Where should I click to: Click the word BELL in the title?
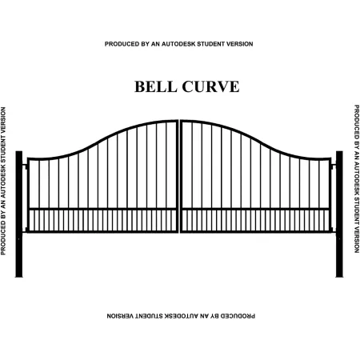point(156,86)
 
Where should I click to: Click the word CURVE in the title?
point(210,86)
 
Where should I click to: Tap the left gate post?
point(19,214)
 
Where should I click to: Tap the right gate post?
point(339,214)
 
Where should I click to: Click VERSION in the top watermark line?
point(239,44)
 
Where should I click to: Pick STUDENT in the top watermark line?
point(210,44)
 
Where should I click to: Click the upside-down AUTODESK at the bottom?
point(182,316)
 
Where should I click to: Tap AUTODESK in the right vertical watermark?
point(357,178)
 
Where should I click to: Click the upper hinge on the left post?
point(25,166)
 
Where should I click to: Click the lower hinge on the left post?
point(25,230)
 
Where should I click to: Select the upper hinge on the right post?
point(333,166)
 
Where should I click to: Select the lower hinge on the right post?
point(333,230)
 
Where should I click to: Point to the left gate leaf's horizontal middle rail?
point(102,209)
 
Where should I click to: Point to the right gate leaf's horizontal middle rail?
point(255,209)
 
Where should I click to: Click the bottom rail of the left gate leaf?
point(102,232)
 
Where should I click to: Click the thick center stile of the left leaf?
point(177,176)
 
